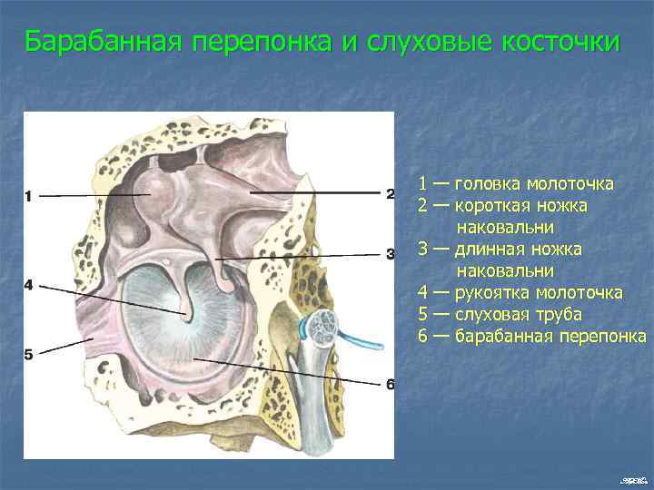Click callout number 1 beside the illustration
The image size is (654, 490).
click(x=29, y=196)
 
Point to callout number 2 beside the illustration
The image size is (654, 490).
click(x=390, y=193)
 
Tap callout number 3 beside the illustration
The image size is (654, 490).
click(x=390, y=254)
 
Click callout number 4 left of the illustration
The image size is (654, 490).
click(x=29, y=285)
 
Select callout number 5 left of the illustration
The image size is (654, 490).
click(x=29, y=355)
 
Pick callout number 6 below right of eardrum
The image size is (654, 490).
click(x=390, y=385)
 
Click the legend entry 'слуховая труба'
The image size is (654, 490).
click(x=518, y=314)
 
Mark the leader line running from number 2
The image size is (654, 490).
click(x=318, y=193)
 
